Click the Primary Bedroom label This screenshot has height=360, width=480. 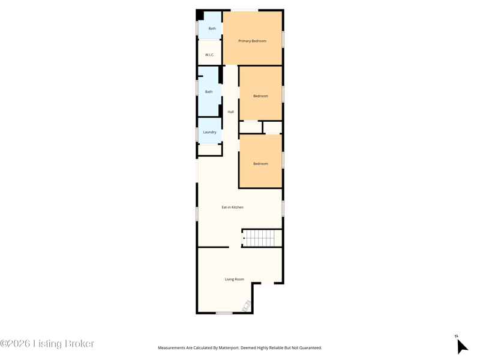(x=252, y=41)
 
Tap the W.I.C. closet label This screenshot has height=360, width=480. (x=209, y=55)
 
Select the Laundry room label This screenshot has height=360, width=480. (x=209, y=132)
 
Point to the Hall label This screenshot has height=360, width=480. (x=230, y=112)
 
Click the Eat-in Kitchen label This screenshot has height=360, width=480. (x=233, y=207)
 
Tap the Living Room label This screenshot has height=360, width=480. (x=235, y=279)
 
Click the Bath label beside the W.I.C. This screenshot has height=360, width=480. (x=212, y=28)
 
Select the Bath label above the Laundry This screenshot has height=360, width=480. (x=209, y=92)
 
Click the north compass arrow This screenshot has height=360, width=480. (x=462, y=347)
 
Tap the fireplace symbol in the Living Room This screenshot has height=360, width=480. (x=247, y=306)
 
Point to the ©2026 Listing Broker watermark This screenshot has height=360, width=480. (x=47, y=343)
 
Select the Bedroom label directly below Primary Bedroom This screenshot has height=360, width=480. (x=260, y=96)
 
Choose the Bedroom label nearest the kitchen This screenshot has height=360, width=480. (x=260, y=163)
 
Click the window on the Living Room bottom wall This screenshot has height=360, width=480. (x=224, y=313)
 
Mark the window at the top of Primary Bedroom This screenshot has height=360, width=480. (x=244, y=10)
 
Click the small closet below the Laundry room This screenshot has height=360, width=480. (x=209, y=149)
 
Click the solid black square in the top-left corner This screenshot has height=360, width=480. (x=200, y=15)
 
